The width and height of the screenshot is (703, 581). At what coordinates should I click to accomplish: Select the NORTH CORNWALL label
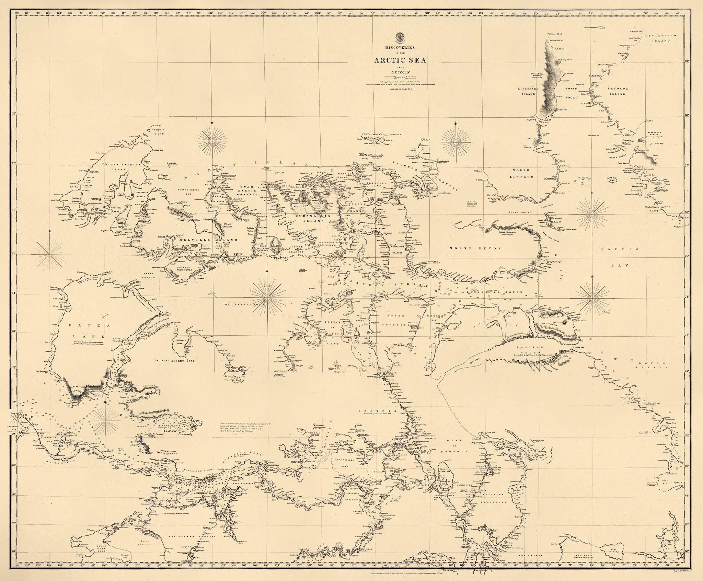(374, 135)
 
